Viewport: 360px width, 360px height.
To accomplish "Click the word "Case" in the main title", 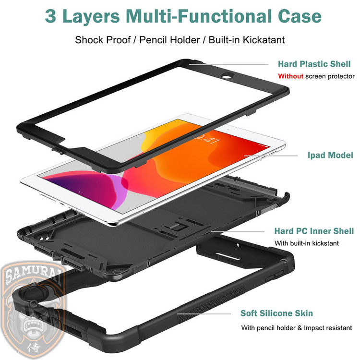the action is [x=300, y=16].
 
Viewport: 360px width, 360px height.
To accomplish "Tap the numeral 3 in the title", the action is [x=50, y=16].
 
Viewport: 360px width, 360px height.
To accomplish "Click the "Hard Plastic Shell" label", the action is [x=314, y=64].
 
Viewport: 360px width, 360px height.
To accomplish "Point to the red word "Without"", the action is [x=291, y=76].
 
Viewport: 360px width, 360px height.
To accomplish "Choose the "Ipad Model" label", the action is [x=330, y=156].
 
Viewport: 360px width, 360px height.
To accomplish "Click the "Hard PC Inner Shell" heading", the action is [x=314, y=231].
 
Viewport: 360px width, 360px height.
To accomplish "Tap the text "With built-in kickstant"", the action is [x=307, y=243].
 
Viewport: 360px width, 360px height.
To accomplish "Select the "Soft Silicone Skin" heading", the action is [x=276, y=313].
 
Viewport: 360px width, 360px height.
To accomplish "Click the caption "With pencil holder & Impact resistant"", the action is [x=297, y=328].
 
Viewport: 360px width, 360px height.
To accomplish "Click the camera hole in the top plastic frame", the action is [x=227, y=76].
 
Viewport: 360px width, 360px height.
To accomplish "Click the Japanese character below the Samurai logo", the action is [x=34, y=348].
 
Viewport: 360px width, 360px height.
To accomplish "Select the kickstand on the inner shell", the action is [x=177, y=228].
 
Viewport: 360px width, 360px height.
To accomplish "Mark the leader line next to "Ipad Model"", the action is [x=271, y=156].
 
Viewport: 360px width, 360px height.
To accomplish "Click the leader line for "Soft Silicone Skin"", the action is [x=204, y=313].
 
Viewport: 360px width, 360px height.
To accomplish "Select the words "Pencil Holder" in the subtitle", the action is [x=169, y=40].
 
